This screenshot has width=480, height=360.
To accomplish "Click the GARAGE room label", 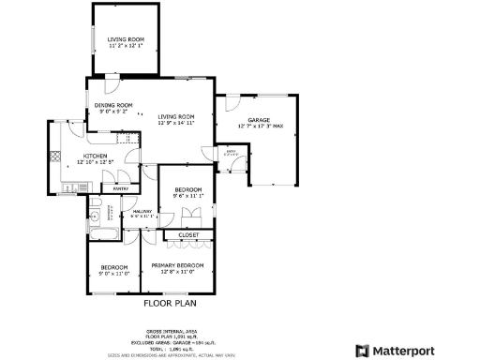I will click(259, 120).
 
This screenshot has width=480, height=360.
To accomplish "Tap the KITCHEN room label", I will click(96, 156).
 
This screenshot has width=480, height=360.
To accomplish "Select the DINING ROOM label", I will click(113, 105).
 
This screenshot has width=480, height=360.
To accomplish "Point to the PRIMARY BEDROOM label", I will click(178, 266).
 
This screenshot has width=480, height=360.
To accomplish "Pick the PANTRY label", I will click(121, 188).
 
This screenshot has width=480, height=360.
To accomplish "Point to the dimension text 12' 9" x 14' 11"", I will click(175, 123).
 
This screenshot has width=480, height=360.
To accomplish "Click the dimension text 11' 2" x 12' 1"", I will click(125, 45).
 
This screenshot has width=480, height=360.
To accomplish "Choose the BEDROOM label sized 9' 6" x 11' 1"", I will click(187, 190).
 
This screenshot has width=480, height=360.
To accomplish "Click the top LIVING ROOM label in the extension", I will click(125, 38).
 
